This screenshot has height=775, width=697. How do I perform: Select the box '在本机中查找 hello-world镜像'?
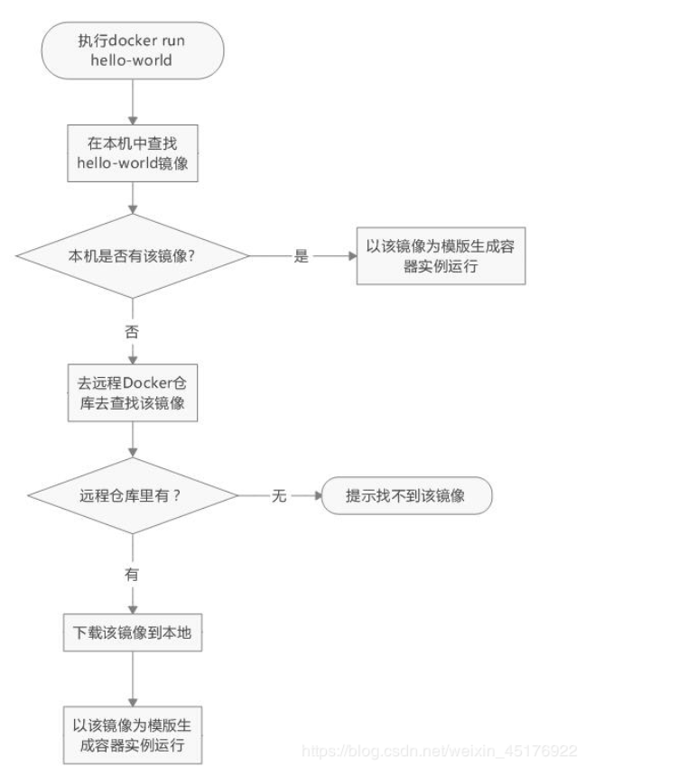point(132,152)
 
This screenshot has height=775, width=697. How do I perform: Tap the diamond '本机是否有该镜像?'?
point(132,255)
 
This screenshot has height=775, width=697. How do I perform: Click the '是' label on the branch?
point(302,256)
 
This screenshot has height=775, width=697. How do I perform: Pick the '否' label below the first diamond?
point(132,331)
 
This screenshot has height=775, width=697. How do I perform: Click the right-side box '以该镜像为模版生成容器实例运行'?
point(441,255)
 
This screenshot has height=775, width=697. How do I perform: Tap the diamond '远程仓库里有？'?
point(132,495)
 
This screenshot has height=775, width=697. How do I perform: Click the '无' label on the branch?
point(279,496)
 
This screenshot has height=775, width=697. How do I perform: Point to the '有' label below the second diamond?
point(132,572)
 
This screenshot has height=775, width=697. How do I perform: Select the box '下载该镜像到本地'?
point(132,633)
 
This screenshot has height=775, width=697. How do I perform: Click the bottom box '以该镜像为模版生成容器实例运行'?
point(132,735)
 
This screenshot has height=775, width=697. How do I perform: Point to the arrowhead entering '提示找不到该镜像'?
point(316,496)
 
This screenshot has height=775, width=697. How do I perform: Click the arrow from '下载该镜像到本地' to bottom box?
point(133,678)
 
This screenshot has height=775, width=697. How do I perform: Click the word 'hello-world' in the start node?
point(132,62)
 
